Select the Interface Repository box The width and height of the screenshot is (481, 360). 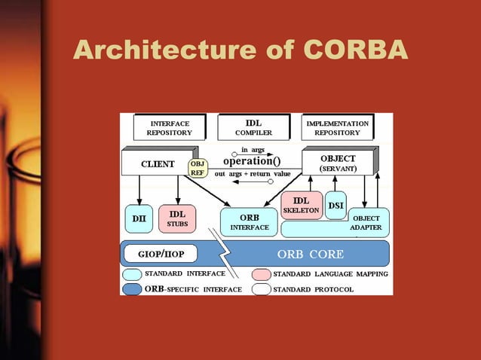click(x=169, y=127)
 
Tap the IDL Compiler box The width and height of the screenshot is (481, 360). click(x=253, y=127)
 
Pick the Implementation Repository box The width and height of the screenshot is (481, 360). click(x=337, y=127)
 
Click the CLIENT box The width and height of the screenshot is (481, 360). click(x=158, y=163)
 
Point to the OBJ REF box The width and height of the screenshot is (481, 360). click(x=198, y=167)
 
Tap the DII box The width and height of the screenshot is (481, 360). click(x=138, y=219)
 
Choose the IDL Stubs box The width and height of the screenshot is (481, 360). click(x=176, y=218)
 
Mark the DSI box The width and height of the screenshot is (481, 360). click(x=335, y=205)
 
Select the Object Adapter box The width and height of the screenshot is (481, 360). click(x=367, y=223)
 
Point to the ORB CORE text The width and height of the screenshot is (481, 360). click(x=310, y=254)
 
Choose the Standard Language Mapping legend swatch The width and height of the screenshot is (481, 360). click(x=262, y=274)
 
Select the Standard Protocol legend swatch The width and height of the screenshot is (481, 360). click(x=262, y=289)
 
